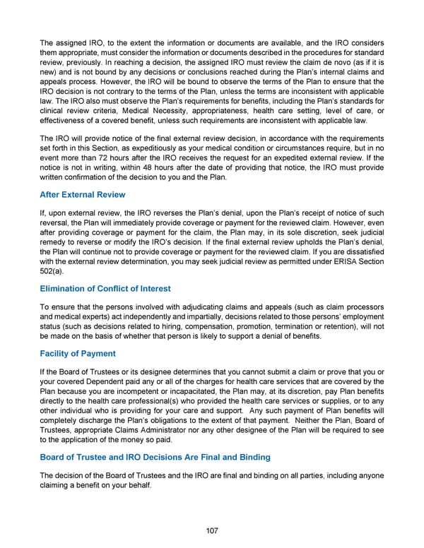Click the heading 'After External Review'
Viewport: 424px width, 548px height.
pyautogui.click(x=83, y=194)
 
